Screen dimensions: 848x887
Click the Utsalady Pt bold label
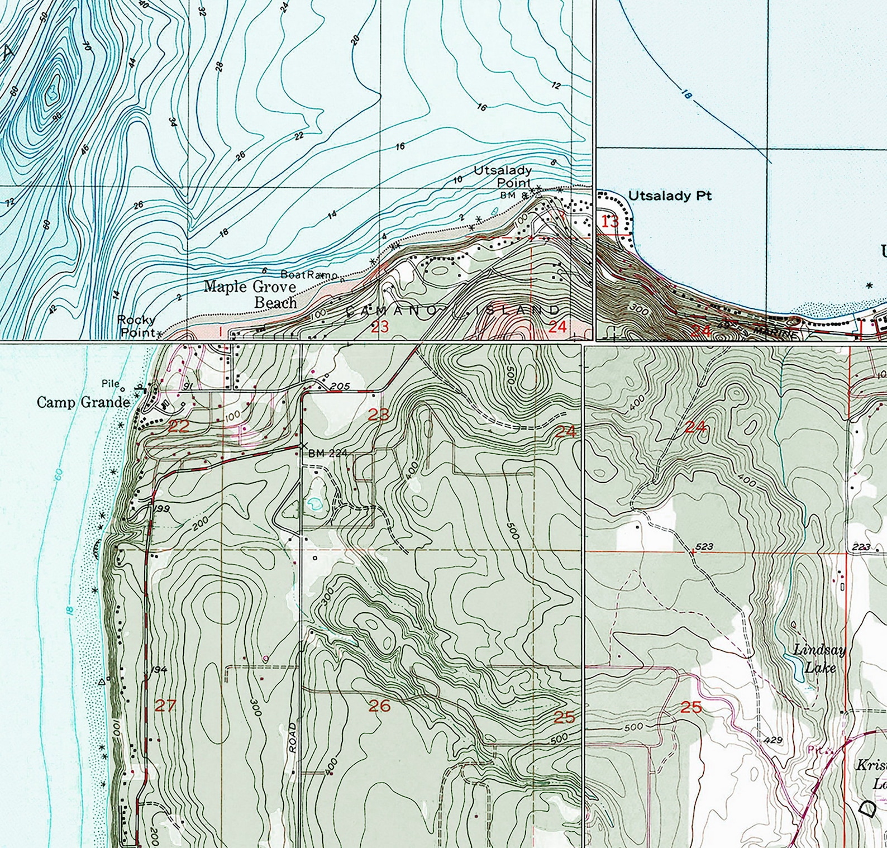[670, 196]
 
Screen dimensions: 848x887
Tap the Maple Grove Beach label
[250, 294]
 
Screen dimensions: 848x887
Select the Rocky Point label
[136, 326]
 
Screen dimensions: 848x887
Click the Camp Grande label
[83, 402]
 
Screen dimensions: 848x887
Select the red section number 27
[165, 706]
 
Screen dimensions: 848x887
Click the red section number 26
[379, 706]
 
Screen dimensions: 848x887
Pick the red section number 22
[179, 426]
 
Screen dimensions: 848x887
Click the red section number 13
[610, 221]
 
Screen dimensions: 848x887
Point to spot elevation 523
[705, 546]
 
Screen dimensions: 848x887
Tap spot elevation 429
[773, 740]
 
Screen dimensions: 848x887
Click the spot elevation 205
[339, 386]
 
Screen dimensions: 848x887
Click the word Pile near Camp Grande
[110, 383]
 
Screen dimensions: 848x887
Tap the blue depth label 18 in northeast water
[686, 95]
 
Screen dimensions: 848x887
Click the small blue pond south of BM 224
[314, 504]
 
